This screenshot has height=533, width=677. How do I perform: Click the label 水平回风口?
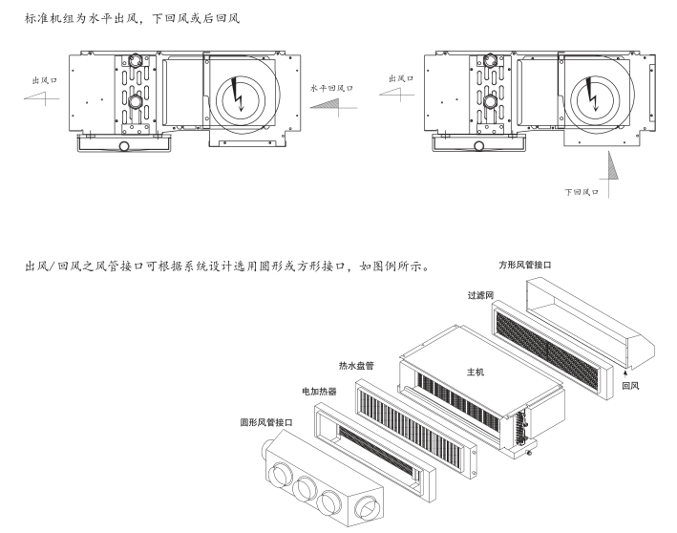tap(331, 86)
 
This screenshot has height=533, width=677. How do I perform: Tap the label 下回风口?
tap(581, 192)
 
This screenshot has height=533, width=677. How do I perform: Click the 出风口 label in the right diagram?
tap(402, 77)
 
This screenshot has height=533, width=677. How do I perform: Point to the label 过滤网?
tap(480, 296)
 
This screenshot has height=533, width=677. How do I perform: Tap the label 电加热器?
tap(319, 392)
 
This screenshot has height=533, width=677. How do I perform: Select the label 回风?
tap(629, 387)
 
